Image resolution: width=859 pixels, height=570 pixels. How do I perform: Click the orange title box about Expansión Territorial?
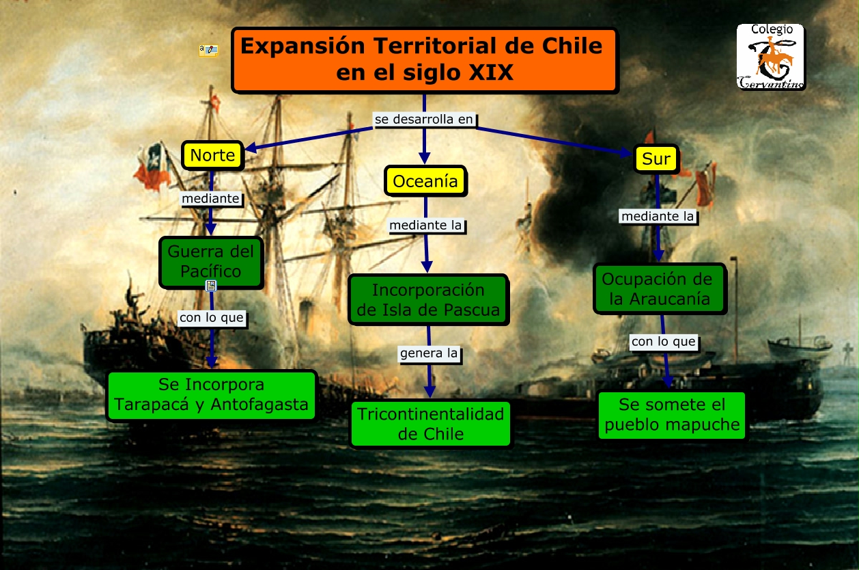[x=424, y=59]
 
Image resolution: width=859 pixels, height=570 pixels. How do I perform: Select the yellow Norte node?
[x=212, y=155]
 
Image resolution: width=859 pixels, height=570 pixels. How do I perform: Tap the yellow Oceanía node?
[x=425, y=181]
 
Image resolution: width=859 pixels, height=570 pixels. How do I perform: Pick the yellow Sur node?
[x=656, y=159]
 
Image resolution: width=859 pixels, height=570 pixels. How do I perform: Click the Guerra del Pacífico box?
[x=211, y=261]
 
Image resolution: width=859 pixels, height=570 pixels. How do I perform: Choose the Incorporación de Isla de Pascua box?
[x=428, y=299]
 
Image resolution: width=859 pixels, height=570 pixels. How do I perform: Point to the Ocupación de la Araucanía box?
[x=659, y=288]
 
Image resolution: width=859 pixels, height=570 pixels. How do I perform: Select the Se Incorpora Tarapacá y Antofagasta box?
[x=211, y=394]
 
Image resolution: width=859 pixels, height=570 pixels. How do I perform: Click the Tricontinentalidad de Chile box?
[x=430, y=423]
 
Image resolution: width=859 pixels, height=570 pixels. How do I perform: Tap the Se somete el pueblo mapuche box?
[x=672, y=414]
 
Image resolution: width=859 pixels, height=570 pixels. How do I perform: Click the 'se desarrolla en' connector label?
[x=424, y=119]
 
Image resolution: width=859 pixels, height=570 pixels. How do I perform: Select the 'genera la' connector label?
[x=429, y=354]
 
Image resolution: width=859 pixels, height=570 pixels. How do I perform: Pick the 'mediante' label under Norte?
[x=211, y=199]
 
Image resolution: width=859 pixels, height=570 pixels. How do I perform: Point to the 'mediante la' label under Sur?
[x=658, y=217]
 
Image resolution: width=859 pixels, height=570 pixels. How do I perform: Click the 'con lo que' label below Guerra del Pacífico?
[x=212, y=318]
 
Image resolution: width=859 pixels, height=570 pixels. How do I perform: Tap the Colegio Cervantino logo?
[x=771, y=57]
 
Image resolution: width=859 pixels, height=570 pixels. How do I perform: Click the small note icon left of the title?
[x=208, y=50]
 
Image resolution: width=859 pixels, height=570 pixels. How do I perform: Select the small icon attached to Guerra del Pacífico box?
[x=211, y=286]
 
